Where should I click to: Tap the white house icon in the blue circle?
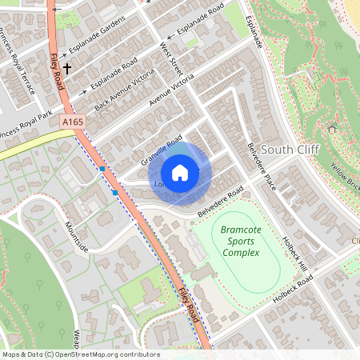pos(180,173)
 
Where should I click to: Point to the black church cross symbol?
pos(69,70)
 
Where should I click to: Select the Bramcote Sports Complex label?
pos(241,241)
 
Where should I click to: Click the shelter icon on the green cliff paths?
pos(332,127)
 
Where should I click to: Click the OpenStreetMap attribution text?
pos(80,354)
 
